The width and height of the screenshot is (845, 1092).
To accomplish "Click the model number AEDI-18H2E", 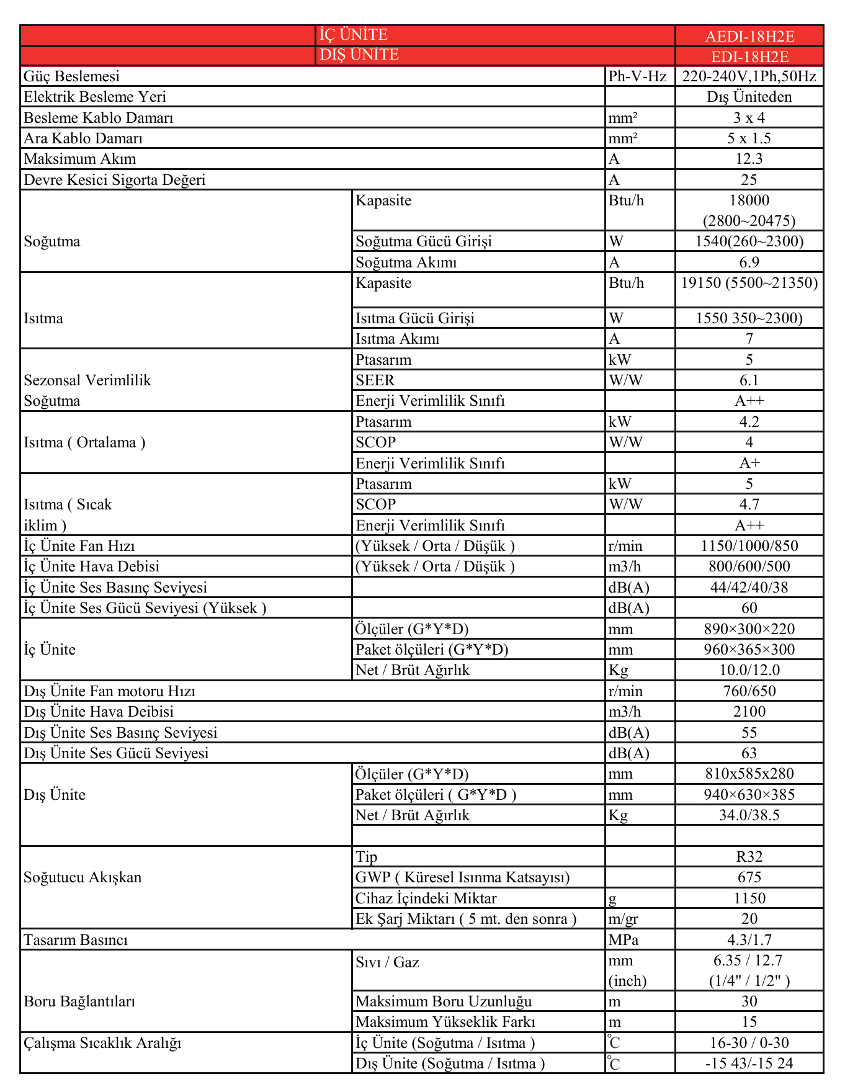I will (749, 36).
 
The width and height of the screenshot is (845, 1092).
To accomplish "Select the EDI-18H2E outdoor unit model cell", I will (749, 56).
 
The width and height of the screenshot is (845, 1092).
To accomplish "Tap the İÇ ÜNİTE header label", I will (353, 35).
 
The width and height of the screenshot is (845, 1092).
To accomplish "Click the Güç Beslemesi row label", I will (71, 76).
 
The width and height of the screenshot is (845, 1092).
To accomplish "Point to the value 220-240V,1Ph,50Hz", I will (749, 76).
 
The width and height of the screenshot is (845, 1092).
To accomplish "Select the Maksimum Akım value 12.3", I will (749, 159).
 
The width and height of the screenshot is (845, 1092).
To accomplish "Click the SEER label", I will (375, 380).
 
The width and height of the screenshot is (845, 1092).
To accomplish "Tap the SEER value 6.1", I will (749, 380).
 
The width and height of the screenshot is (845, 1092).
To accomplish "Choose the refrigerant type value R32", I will (749, 857).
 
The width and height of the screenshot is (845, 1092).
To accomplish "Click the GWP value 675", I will (749, 877).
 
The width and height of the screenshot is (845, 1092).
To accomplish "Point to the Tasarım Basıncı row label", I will (76, 940).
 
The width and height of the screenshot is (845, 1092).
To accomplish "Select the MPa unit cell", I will (623, 940).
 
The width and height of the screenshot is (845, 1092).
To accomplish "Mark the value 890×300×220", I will (749, 629).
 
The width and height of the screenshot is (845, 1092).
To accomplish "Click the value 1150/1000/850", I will (749, 546).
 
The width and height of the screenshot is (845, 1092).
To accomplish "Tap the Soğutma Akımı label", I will (406, 262).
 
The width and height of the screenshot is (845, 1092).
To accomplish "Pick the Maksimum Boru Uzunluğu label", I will (444, 1001).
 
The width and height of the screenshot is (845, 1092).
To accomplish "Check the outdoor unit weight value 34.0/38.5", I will (749, 815).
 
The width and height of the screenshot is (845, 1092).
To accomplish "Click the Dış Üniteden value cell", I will (749, 97).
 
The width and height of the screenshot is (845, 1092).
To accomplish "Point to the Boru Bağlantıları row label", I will (79, 1001).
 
